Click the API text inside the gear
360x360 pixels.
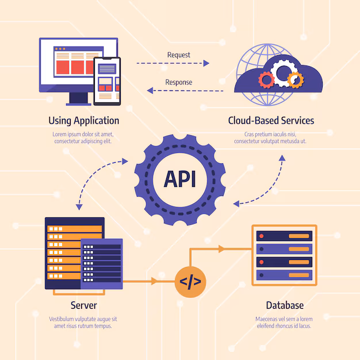[179, 179]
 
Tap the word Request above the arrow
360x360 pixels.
[178, 55]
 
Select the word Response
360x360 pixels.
[178, 82]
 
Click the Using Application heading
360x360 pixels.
[84, 121]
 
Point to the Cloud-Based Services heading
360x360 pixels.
[271, 121]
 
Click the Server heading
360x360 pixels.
[83, 305]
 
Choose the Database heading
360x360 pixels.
[284, 305]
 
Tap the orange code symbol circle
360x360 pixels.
[190, 282]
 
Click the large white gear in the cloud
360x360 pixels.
[283, 73]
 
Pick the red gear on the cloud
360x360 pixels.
[266, 79]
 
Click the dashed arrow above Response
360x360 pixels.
[184, 90]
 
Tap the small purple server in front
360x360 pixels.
[102, 263]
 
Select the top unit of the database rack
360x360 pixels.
[284, 236]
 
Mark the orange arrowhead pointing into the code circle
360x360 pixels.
[154, 282]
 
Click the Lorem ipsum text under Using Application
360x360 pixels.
[84, 137]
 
